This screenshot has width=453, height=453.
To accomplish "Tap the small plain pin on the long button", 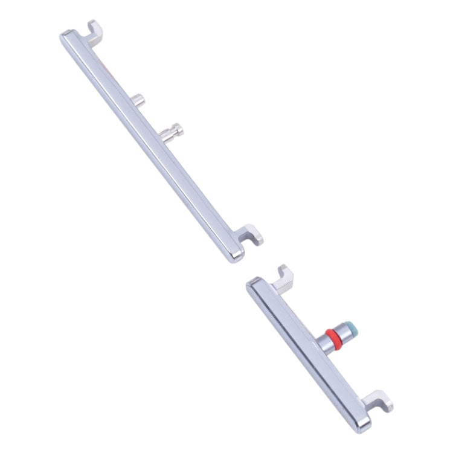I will point(139,100).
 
